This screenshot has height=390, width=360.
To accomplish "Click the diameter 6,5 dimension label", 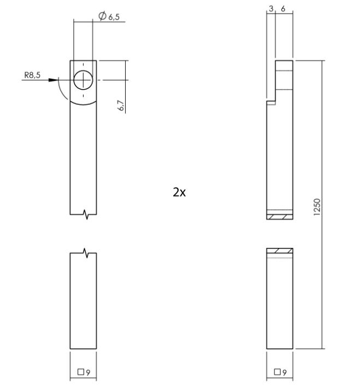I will point(110,17).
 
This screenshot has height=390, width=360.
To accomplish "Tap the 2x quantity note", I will point(179,192).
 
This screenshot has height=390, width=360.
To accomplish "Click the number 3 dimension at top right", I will point(271,9).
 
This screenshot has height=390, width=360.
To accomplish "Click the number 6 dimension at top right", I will point(282,9).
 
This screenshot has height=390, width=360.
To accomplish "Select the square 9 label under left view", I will point(84,373).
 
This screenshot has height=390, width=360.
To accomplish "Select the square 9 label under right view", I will point(280,373).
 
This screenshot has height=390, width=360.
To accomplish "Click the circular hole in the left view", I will point(83,80).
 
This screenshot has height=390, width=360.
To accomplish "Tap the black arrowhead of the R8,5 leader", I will point(53,80).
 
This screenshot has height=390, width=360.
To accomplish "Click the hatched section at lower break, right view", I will point(280,251).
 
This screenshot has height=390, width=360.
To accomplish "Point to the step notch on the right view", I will point(270,101).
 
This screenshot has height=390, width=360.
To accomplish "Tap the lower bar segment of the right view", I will point(280,303).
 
